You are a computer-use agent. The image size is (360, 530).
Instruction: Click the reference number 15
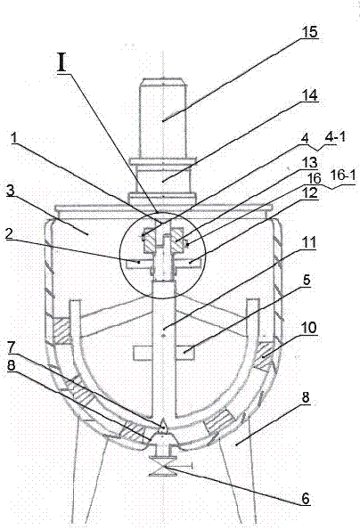pos(309,32)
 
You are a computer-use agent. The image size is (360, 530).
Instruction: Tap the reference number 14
pos(309,94)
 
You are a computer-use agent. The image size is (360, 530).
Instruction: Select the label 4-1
pos(335,137)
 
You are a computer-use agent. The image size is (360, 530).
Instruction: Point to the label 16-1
pos(343,178)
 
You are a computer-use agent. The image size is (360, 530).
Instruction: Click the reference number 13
pos(309,163)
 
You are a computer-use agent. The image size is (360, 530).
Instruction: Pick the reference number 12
pos(309,193)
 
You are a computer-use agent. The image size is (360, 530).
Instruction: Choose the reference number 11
pos(308,242)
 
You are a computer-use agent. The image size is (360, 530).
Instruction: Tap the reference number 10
pos(309,327)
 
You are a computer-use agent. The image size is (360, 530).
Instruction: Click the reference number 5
pos(306,280)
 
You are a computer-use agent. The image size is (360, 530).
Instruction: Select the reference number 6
pos(306,498)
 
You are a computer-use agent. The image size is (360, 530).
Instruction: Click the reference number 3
pos(11,191)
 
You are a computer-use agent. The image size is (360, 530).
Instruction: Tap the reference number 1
pos(13,137)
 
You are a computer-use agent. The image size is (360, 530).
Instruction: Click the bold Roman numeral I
pos(62,63)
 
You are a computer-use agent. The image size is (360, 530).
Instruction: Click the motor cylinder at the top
pos(163,118)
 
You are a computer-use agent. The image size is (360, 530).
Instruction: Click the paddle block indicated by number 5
pos(184,353)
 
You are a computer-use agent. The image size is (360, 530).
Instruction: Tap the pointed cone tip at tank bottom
pos(163,422)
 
